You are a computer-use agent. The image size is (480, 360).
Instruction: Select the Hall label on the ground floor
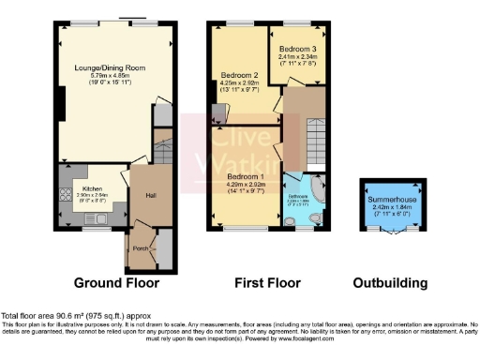point(149,194)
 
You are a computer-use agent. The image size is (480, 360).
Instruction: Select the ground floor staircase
point(163,148)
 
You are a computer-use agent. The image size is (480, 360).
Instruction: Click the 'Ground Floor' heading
point(116,282)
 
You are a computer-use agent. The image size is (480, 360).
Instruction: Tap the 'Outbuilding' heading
point(390,282)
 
